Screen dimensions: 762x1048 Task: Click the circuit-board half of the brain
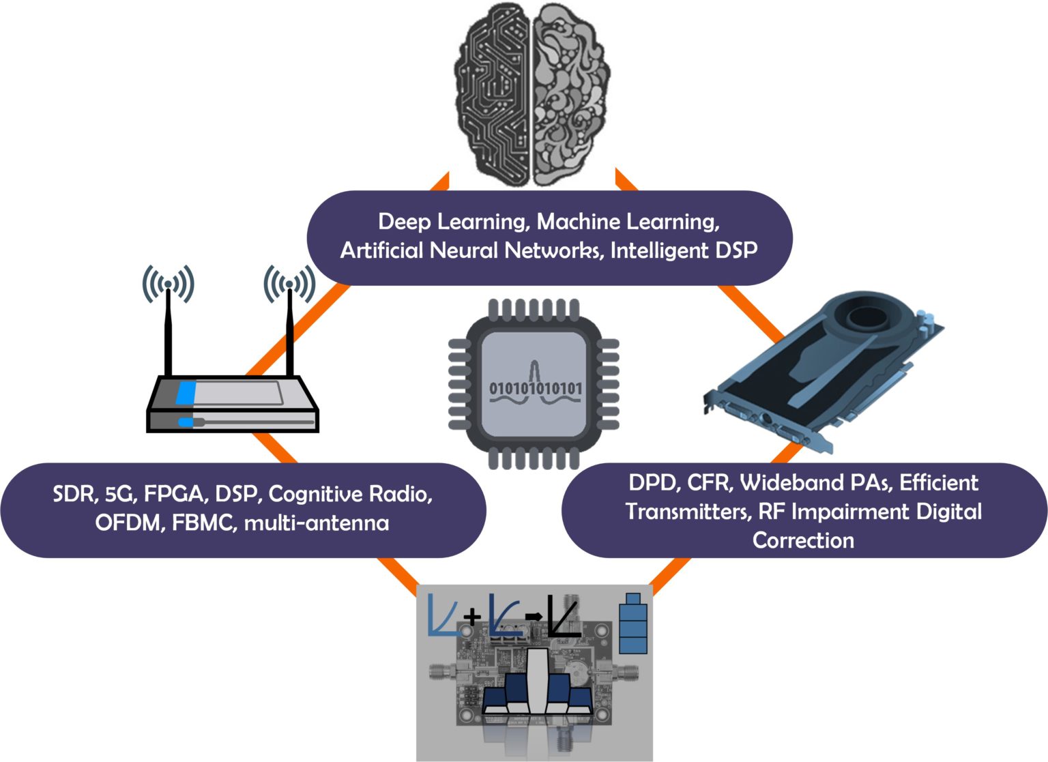pyautogui.click(x=491, y=96)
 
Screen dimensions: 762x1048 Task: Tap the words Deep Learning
pyautogui.click(x=450, y=222)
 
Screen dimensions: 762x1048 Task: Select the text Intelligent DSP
pyautogui.click(x=684, y=250)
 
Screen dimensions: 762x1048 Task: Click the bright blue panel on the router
pyautogui.click(x=186, y=394)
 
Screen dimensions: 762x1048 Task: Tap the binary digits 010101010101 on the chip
pyautogui.click(x=536, y=389)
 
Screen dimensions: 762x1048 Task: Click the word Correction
pyautogui.click(x=803, y=540)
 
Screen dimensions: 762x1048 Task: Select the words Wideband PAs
pyautogui.click(x=815, y=483)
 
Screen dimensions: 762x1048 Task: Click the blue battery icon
pyautogui.click(x=633, y=624)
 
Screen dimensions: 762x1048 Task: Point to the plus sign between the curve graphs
pyautogui.click(x=472, y=617)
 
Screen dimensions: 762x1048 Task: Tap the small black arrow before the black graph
pyautogui.click(x=534, y=617)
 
